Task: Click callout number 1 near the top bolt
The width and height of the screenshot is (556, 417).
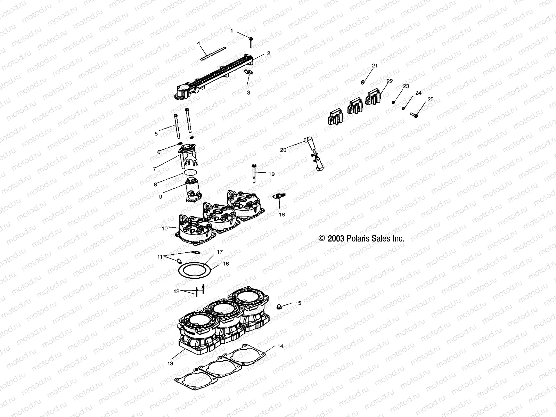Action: pos(232,31)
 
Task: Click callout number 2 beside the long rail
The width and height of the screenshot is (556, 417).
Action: pos(268,53)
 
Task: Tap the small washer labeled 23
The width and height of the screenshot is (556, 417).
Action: pos(393,102)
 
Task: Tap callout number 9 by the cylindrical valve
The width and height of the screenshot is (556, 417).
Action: pos(161,196)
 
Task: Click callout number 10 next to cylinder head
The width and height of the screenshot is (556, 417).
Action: pos(165,228)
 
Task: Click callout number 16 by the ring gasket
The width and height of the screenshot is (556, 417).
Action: pos(226,264)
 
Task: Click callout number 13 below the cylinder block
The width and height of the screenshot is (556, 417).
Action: pos(170,363)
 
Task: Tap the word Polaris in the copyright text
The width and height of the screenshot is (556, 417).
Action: pos(359,238)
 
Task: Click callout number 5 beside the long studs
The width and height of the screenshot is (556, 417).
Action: pos(156,133)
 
